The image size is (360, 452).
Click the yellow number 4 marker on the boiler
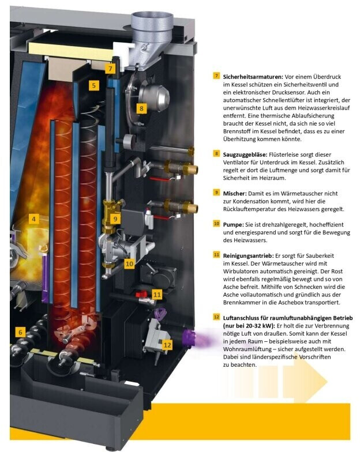pyautogui.click(x=34, y=219)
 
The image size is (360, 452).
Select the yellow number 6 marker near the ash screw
pyautogui.click(x=20, y=332)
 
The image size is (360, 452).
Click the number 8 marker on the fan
pyautogui.click(x=141, y=108)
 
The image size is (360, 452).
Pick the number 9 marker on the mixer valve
pyautogui.click(x=115, y=219)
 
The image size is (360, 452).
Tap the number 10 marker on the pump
pyautogui.click(x=129, y=263)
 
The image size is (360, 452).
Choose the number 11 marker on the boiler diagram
pyautogui.click(x=157, y=294)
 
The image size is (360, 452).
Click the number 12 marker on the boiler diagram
pyautogui.click(x=167, y=345)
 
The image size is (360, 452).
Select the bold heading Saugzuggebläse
pyautogui.click(x=244, y=154)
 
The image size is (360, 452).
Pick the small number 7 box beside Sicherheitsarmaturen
pyautogui.click(x=216, y=76)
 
